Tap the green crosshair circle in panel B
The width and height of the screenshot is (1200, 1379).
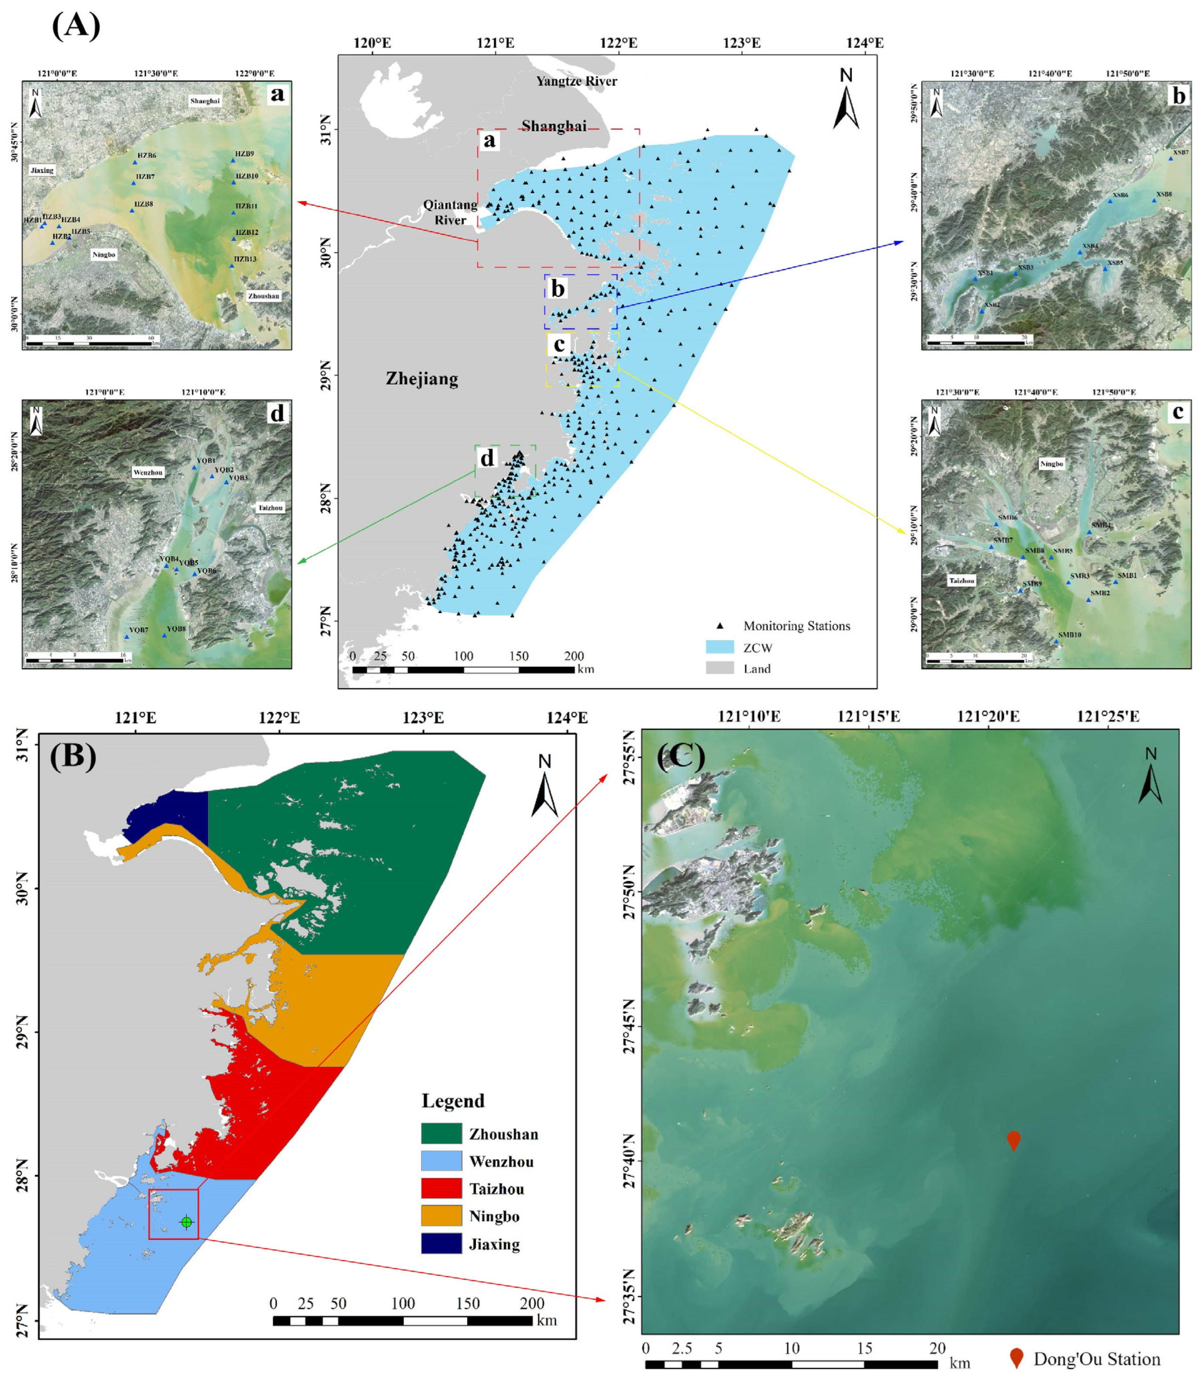pos(186,1222)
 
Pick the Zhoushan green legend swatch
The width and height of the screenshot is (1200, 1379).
pos(441,1133)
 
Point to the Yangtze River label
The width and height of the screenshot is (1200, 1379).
pos(576,81)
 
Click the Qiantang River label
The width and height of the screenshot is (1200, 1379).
pos(451,212)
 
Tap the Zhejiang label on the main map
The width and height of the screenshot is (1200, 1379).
pos(422,379)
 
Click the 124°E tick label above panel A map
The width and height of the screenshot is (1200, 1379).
pos(865,43)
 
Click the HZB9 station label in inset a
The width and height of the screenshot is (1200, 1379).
pos(244,154)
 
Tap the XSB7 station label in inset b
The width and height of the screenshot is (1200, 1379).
pos(1180,152)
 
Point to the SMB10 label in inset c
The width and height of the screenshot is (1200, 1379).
pos(1069,634)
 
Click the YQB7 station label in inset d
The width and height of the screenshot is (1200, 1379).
pos(139,630)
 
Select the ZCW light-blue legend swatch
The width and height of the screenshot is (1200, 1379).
pos(720,647)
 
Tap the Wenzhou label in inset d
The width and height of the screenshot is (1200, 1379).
pos(148,472)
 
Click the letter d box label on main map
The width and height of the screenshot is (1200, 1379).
pos(487,458)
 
